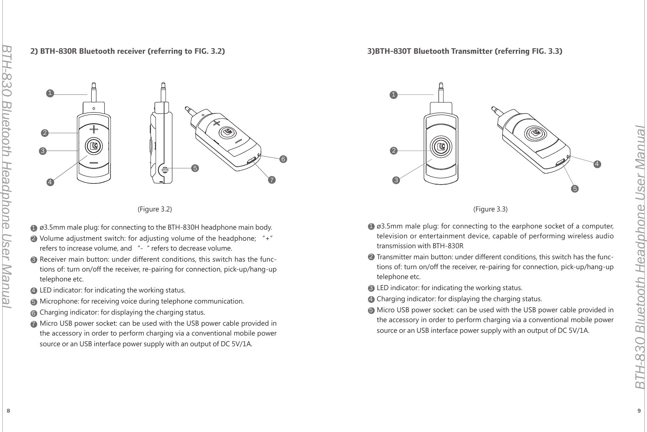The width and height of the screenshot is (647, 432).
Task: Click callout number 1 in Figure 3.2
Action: point(50,93)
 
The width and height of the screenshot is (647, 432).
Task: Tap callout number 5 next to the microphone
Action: point(194,168)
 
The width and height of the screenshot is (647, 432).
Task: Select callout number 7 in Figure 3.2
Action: point(271,180)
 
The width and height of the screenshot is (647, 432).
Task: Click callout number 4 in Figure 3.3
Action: point(597,164)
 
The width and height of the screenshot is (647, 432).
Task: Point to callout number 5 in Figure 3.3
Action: point(575,189)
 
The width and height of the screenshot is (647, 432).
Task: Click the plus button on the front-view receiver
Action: point(93,129)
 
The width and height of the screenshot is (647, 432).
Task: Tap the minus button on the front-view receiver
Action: point(94,163)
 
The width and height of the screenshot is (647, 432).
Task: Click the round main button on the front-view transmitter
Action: point(441,147)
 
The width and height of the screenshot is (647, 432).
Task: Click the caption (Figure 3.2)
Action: point(155,209)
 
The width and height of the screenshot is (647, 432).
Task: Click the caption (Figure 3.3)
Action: point(490,209)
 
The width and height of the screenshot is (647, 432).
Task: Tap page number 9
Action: point(639,411)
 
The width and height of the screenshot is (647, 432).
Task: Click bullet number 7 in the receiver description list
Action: point(34,324)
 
